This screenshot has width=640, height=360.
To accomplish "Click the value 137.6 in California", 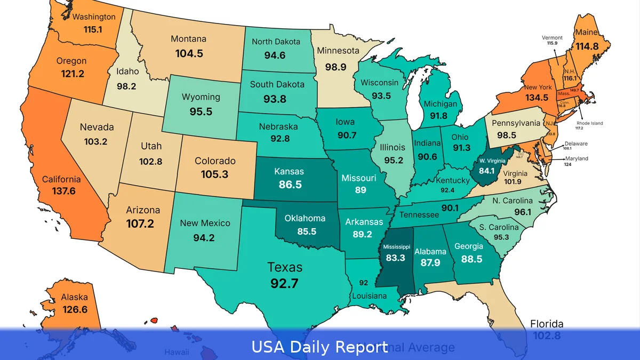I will point(63,190).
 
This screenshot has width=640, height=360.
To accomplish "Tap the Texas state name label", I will point(285,267).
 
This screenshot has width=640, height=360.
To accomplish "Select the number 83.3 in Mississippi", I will point(395,258).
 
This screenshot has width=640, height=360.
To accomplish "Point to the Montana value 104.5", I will point(188,53).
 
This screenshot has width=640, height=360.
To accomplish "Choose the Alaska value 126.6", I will point(74,309).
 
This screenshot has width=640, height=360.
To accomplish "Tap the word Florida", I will point(547,324).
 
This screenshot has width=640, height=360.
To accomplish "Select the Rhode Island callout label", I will point(589,123).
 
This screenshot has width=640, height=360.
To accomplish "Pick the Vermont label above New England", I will point(552,38).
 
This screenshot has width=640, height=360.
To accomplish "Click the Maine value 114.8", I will point(587,46).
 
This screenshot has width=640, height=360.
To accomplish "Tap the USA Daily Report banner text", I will point(319,347).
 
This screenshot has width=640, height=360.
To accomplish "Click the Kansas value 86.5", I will point(290,185).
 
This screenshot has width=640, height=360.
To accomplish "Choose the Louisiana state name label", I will point(369,295).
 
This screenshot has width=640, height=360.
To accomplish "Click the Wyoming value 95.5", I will point(201,111).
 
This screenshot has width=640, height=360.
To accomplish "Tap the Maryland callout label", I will point(577,158).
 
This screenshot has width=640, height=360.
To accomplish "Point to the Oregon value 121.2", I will point(71,74).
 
